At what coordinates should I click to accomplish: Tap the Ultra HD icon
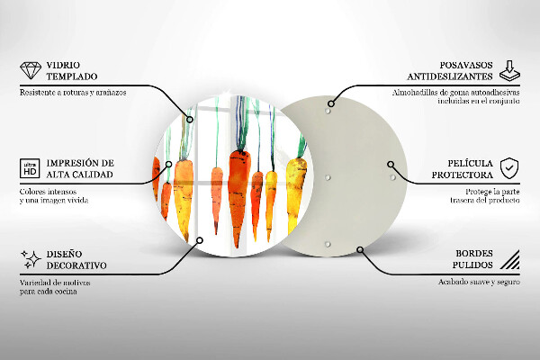tap(29, 167)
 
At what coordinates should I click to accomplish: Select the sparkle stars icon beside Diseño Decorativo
tap(29, 261)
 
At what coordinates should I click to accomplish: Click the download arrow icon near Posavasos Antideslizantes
tap(510, 71)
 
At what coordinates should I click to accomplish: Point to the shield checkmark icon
tap(510, 167)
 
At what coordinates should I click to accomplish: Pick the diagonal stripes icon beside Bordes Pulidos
tap(510, 261)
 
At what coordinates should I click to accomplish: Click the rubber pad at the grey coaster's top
tap(330, 103)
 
